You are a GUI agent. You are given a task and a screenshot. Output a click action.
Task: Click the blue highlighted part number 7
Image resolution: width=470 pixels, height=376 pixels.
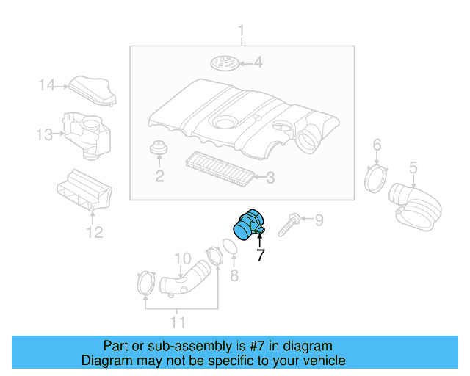tap(248, 225)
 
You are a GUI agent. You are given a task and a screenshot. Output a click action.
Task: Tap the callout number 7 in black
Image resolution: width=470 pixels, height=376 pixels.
tap(261, 255)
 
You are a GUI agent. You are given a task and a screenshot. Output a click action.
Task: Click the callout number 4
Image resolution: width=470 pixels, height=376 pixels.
tap(258, 62)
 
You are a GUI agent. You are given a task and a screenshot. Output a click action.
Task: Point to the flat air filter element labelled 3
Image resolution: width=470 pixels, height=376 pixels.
tap(220, 168)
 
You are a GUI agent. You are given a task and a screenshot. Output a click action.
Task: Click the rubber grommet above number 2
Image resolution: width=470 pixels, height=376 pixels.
tap(159, 147)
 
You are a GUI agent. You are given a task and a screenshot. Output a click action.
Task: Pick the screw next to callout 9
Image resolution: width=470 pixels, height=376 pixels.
tap(289, 224)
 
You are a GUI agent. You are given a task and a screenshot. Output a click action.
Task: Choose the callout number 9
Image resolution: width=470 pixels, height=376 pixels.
tap(319, 220)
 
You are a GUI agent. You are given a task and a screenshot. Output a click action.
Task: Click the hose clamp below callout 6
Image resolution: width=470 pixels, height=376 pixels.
tap(375, 179)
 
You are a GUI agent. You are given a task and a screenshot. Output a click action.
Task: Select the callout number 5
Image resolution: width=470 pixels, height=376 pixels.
tap(413, 167)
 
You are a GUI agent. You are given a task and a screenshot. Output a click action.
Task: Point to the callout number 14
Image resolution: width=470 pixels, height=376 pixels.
tap(47, 85)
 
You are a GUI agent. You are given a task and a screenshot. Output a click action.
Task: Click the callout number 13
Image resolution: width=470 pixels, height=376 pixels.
tap(44, 134)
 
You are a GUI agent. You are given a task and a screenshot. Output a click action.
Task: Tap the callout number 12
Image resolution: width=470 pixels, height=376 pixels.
tap(95, 232)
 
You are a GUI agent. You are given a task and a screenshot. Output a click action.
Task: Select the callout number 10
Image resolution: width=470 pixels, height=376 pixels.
tap(182, 258)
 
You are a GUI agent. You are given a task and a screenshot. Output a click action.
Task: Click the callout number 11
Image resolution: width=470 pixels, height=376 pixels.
tap(178, 322)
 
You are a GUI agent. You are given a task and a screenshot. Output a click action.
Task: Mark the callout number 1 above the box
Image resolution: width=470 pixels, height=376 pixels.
tap(241, 31)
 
